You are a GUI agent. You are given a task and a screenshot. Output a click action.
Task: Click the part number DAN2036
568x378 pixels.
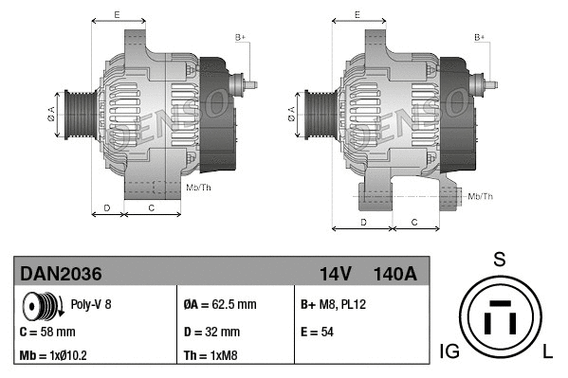click(62, 275)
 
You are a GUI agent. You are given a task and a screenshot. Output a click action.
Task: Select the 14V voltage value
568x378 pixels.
click(336, 275)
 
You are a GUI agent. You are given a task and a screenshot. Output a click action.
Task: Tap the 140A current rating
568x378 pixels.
click(394, 275)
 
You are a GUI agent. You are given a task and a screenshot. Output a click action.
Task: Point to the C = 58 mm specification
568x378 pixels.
click(47, 333)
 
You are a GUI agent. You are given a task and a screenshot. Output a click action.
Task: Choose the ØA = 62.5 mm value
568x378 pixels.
click(219, 306)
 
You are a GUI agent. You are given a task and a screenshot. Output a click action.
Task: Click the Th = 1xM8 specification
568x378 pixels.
click(211, 357)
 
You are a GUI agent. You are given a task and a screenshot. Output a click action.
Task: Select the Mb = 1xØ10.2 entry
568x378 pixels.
click(54, 357)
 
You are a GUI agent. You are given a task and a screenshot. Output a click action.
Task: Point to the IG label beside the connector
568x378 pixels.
click(449, 352)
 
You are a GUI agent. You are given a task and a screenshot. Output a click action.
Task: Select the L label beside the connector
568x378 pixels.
click(548, 352)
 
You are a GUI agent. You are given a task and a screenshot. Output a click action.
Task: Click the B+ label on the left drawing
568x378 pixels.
click(240, 37)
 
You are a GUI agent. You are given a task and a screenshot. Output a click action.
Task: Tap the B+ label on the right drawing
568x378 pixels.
click(480, 37)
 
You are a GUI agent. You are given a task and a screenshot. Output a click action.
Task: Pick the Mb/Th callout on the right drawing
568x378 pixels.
click(481, 196)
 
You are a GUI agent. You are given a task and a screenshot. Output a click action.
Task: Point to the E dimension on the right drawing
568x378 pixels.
click(357, 14)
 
